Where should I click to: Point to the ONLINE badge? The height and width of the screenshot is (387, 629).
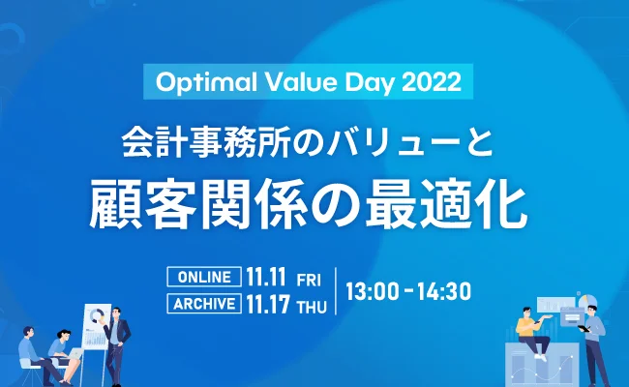(204, 278)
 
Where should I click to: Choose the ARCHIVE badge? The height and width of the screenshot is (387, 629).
(204, 304)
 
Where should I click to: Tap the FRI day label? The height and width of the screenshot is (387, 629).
(308, 280)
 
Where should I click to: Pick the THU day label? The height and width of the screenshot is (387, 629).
(311, 305)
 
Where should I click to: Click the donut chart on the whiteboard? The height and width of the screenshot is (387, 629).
(96, 317)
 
